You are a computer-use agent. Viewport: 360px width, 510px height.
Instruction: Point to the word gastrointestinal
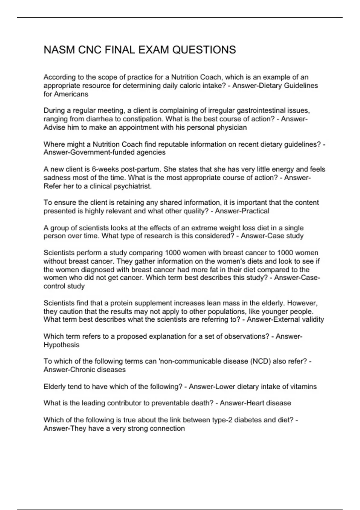(x=262, y=111)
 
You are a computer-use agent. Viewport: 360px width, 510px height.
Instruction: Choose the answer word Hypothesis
(x=61, y=345)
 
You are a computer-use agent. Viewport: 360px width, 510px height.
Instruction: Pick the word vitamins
(x=303, y=387)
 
